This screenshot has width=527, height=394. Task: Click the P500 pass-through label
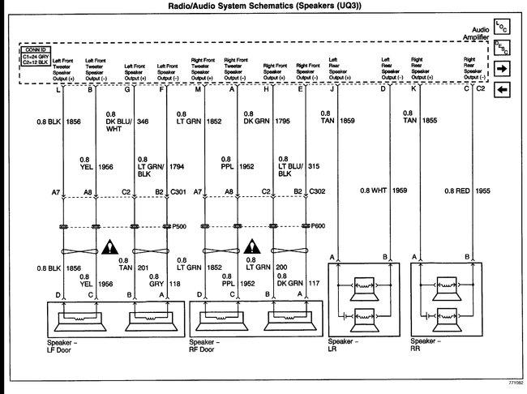click(178, 226)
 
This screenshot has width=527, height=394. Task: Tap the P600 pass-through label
click(317, 226)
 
